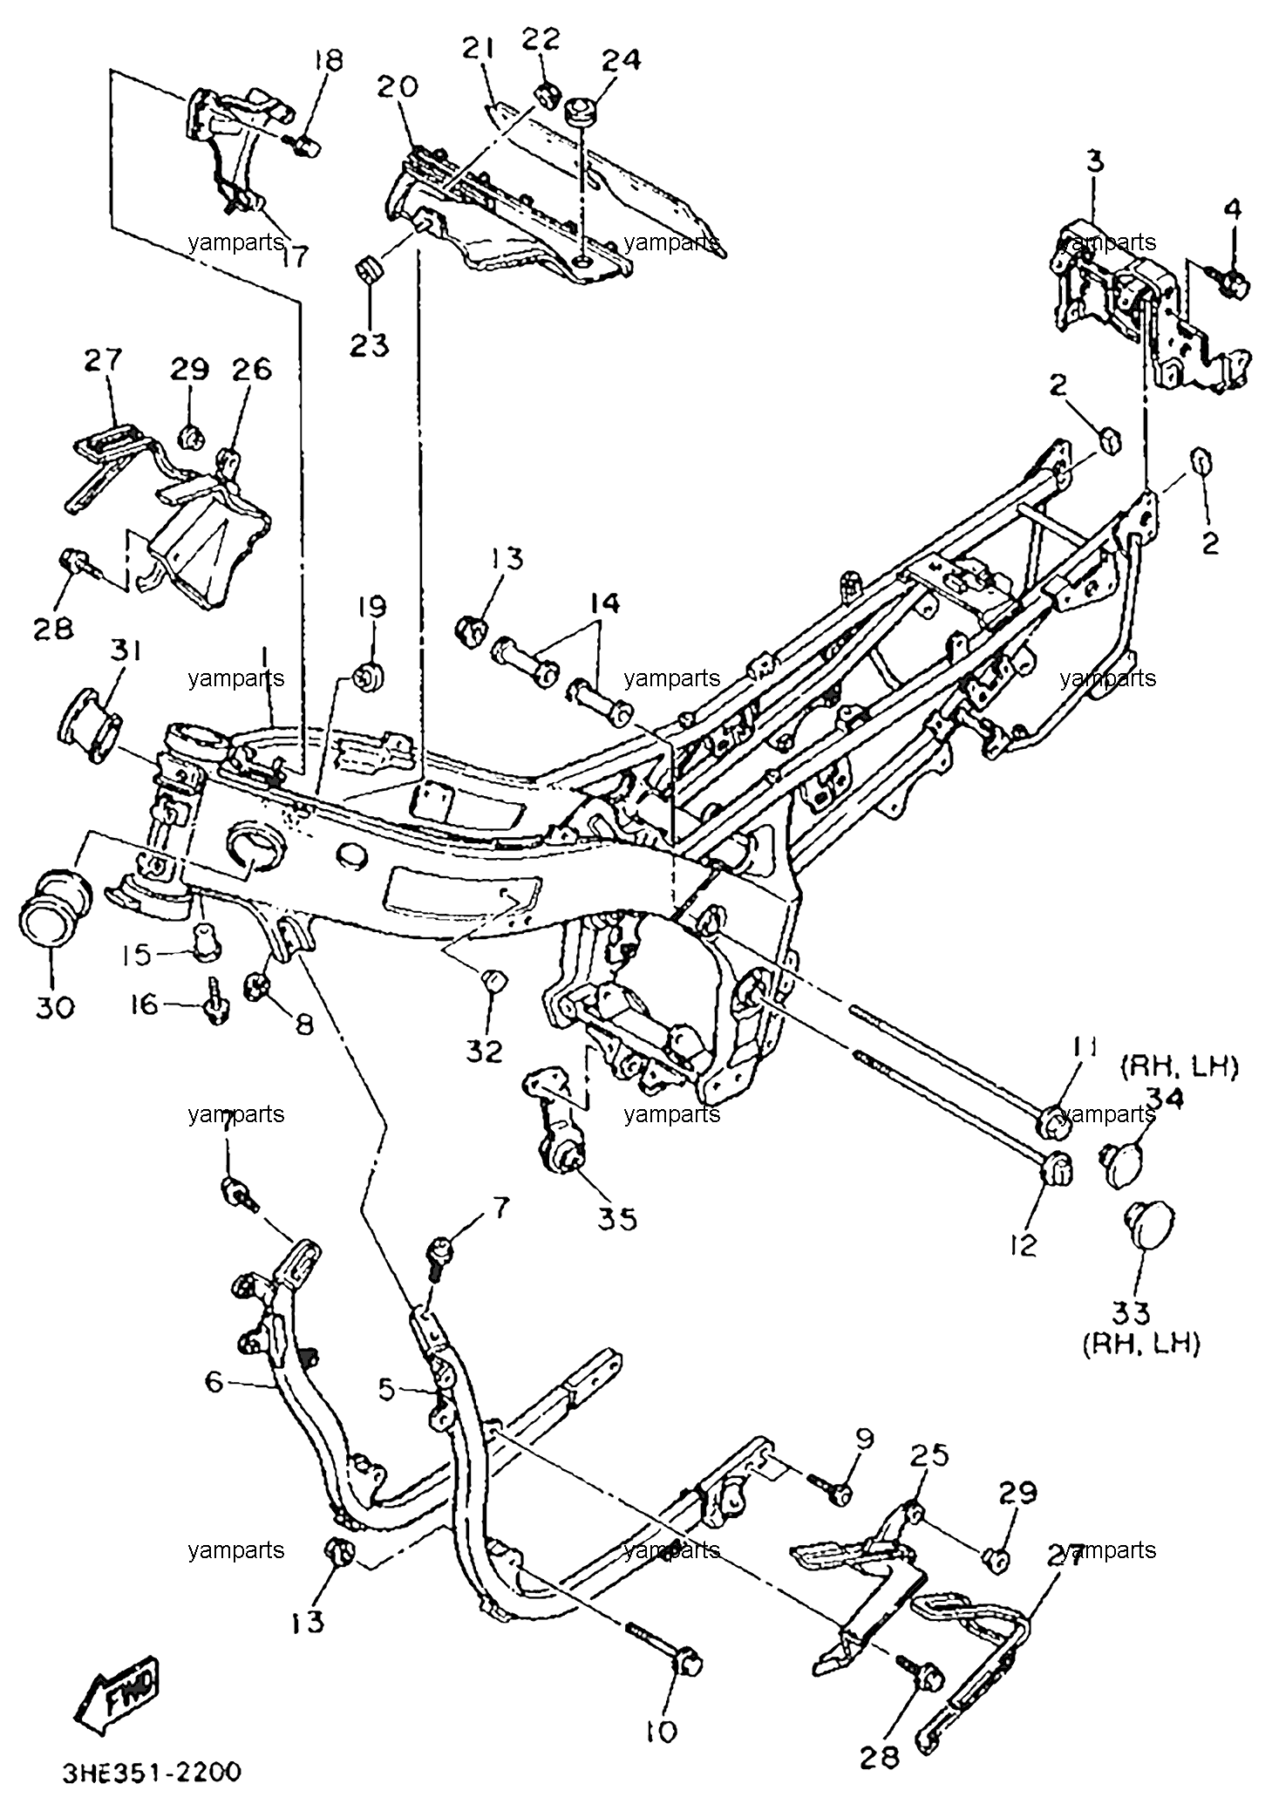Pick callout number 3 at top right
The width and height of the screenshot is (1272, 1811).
pyautogui.click(x=1095, y=161)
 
